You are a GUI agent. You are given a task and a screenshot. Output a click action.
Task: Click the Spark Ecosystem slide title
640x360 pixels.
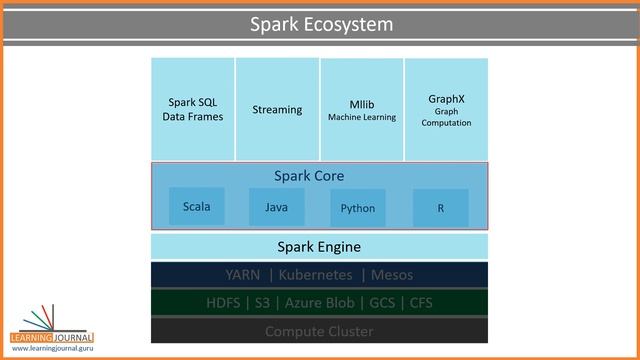coord(320,24)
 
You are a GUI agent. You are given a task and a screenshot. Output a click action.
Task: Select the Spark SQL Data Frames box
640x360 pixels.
coord(193,109)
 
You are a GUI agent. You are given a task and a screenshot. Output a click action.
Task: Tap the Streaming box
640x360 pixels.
coord(277,109)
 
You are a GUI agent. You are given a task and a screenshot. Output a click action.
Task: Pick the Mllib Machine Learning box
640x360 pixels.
coord(362,109)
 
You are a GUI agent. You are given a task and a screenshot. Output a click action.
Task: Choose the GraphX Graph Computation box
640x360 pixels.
coord(446,109)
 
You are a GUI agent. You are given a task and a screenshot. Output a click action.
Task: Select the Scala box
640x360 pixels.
coord(197,207)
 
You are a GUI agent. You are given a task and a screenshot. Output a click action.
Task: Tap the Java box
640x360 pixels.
coord(277,207)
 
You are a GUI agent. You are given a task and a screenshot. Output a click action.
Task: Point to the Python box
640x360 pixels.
coord(357,208)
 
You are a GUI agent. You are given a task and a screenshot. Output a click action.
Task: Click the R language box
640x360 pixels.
coord(440,208)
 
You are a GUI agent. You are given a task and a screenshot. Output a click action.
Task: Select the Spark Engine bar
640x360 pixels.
coord(319,246)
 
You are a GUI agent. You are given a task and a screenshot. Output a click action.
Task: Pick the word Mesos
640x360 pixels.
coord(391,274)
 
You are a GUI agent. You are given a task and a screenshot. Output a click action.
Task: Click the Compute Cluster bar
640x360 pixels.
coord(319,331)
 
